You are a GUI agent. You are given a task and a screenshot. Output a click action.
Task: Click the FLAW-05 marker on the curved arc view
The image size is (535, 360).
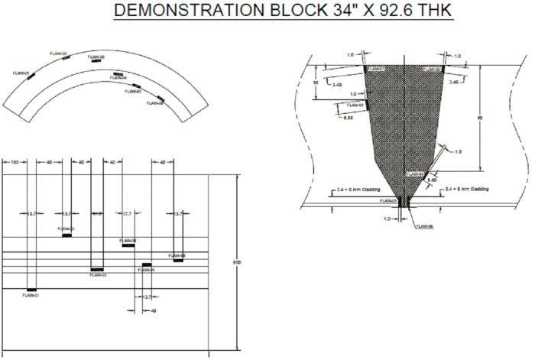pos(137,86)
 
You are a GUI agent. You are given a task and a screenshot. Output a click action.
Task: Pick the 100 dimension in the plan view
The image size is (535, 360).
pos(15,163)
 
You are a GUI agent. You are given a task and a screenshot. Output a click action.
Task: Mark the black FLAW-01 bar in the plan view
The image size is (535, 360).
pos(32,290)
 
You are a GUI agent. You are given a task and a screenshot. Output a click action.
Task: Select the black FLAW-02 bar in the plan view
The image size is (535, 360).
pos(67,235)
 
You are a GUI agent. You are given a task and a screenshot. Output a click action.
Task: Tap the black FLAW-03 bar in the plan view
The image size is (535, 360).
pos(96,270)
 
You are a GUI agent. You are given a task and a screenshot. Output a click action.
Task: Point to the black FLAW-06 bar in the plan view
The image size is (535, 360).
pos(178,260)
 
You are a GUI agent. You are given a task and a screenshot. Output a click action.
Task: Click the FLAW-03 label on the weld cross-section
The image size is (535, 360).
pos(354,105)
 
